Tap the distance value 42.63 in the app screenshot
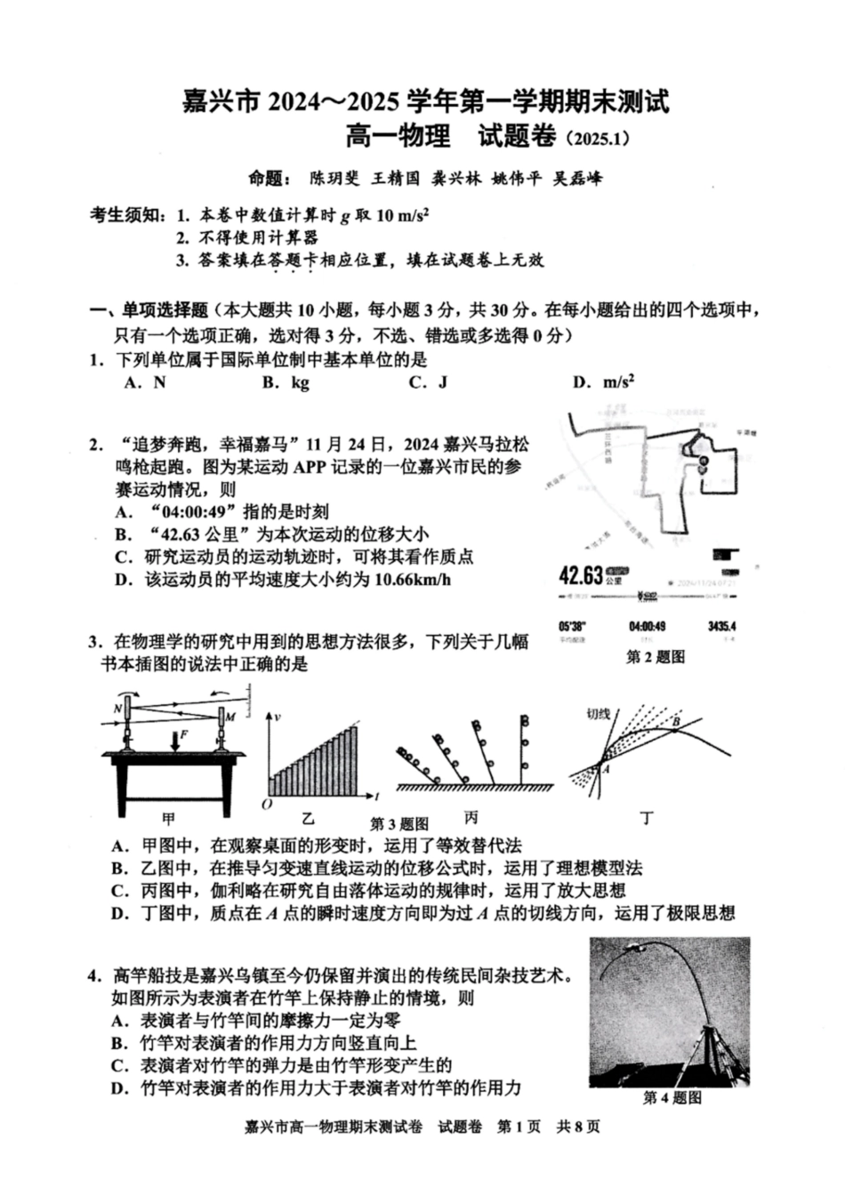(581, 574)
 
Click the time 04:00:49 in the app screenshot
(648, 626)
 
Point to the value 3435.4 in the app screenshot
(721, 626)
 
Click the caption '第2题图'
(656, 657)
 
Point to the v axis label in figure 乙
(278, 717)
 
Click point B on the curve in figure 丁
(675, 722)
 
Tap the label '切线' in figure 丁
(598, 713)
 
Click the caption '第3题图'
(399, 823)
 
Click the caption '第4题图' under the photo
(672, 1098)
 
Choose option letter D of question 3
(119, 913)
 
